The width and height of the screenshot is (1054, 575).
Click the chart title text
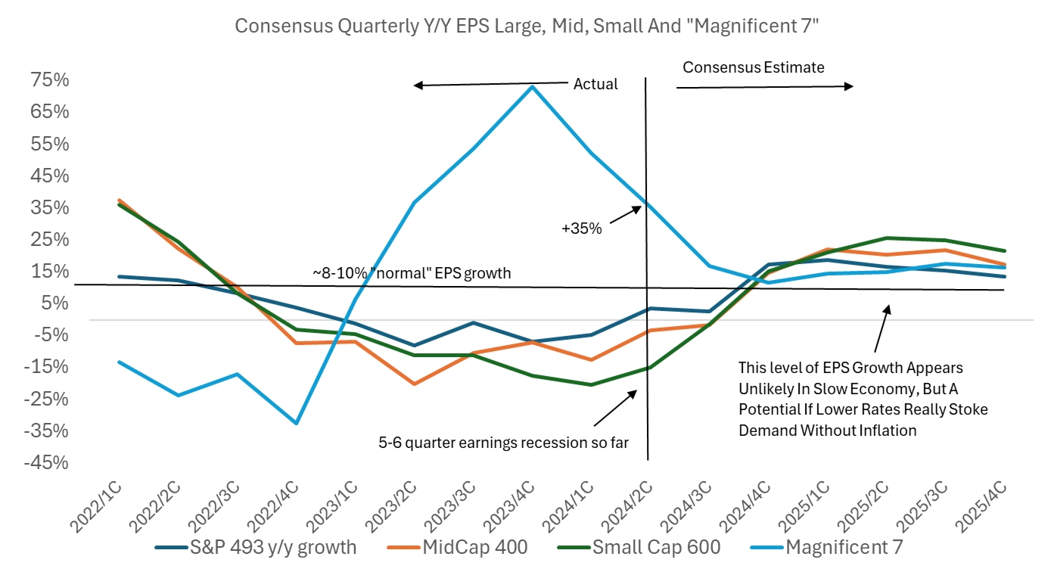point(527,26)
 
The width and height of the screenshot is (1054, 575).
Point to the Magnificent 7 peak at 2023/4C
point(532,86)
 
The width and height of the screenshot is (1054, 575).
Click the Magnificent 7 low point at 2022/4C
point(297,423)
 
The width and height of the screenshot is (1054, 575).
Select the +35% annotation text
point(580,228)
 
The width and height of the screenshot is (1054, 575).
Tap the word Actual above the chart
point(595,84)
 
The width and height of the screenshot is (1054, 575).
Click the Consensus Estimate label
point(753,67)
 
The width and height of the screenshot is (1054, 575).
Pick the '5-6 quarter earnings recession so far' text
point(503,443)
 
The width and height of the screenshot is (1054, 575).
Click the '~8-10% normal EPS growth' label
point(412,272)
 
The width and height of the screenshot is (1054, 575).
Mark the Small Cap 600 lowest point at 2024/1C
point(590,384)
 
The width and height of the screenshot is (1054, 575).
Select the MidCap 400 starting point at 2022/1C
point(120,200)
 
